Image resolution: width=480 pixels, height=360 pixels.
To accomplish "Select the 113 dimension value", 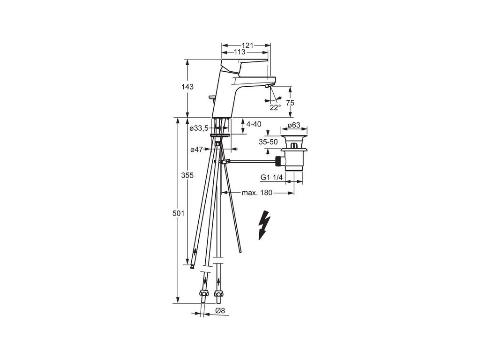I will click(x=240, y=52).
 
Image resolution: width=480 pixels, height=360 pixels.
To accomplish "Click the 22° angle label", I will click(x=275, y=107).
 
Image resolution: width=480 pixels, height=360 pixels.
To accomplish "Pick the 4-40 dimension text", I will click(x=253, y=124).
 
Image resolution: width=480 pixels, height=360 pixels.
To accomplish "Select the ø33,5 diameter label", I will click(x=199, y=128).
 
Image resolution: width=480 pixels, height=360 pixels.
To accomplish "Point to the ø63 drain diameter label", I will click(x=293, y=125).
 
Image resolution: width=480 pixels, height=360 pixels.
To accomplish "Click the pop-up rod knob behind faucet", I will click(x=211, y=97).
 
